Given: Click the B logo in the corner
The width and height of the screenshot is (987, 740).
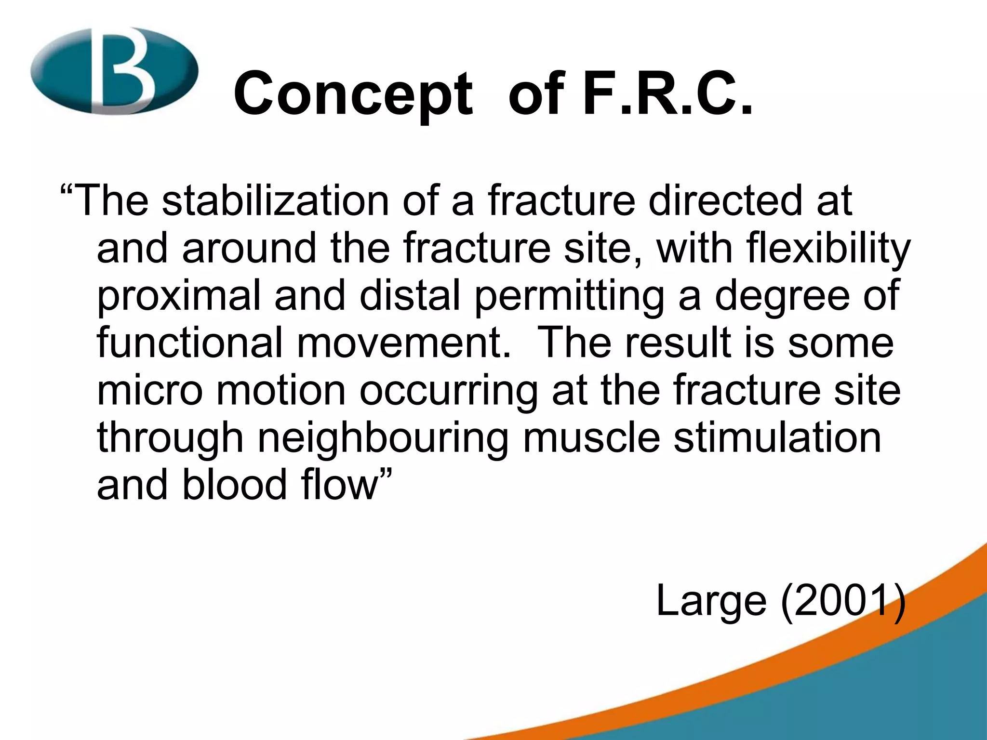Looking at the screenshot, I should (114, 71).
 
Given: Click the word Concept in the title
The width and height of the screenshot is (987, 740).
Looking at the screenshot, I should (353, 94).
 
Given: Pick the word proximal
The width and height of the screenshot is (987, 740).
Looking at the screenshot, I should (179, 296).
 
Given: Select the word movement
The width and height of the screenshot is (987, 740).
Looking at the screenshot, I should (403, 343).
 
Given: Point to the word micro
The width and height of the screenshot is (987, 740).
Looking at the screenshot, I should (150, 390).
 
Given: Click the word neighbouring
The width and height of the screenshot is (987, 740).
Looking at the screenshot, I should (383, 438).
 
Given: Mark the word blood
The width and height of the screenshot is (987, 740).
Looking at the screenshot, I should (234, 484).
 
